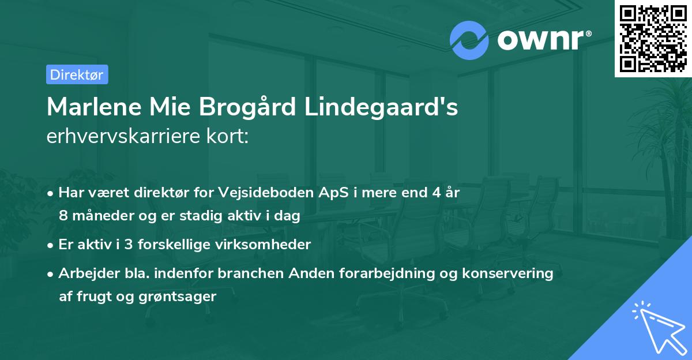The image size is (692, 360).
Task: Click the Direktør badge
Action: tap(77, 74)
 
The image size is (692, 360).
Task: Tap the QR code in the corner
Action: tap(653, 38)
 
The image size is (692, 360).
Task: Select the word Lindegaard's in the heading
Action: tap(392, 107)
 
